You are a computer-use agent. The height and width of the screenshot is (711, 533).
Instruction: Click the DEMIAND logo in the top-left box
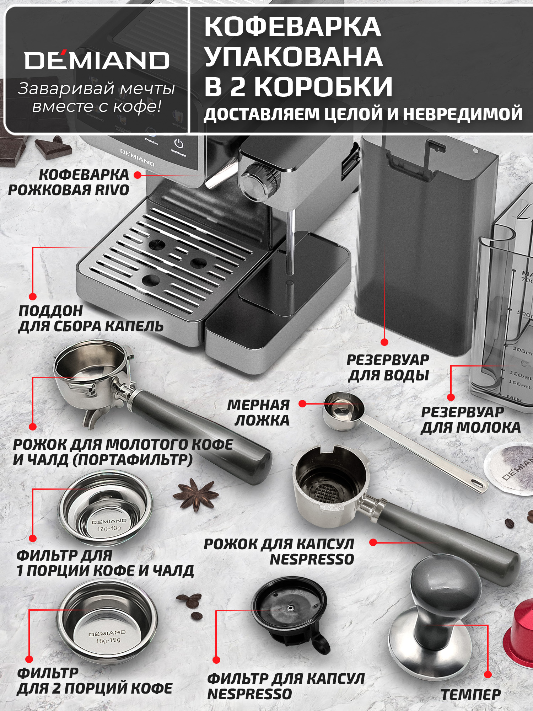click(97, 60)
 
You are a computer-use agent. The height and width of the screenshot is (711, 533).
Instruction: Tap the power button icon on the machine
click(179, 144)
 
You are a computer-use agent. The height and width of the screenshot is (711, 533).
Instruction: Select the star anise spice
click(196, 494)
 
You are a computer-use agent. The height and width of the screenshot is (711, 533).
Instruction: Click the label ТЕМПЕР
click(471, 694)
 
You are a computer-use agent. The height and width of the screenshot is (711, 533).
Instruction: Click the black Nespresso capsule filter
click(290, 610)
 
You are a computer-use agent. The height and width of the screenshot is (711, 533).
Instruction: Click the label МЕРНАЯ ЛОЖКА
click(259, 413)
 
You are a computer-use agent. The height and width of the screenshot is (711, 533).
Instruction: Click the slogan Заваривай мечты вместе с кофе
click(96, 97)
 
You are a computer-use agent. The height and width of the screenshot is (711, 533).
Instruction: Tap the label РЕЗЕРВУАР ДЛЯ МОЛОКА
click(470, 420)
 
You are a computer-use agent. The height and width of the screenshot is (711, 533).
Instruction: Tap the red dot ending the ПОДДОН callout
click(33, 296)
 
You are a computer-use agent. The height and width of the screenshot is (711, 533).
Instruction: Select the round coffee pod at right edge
click(512, 469)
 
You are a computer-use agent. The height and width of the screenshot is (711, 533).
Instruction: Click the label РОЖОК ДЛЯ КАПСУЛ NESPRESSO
click(279, 551)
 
